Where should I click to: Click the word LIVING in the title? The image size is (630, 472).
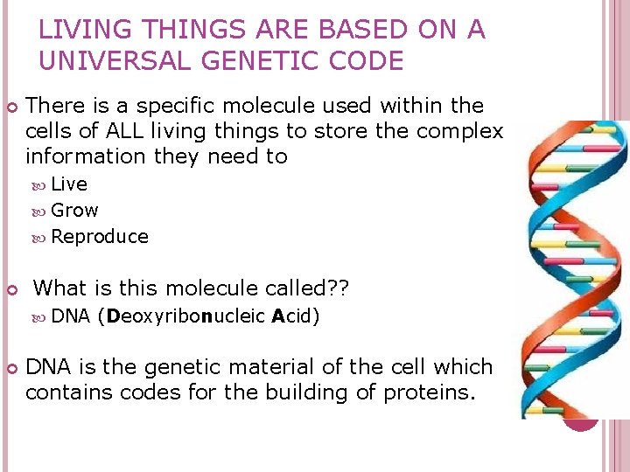coord(79,31)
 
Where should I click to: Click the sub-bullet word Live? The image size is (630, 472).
coord(69,184)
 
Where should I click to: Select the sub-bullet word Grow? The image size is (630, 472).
coord(74,211)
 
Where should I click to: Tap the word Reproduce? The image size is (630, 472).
coord(100,237)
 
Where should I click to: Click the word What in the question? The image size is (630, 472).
coord(59,288)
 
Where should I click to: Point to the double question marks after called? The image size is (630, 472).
coord(338,288)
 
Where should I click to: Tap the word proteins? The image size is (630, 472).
coord(430,392)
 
